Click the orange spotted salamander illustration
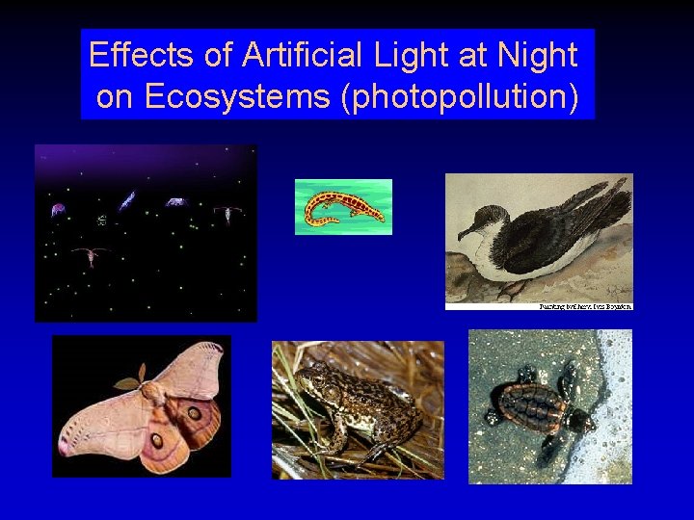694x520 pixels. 343,207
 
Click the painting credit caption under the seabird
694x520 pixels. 585,306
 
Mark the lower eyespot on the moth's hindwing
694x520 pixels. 157,440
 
